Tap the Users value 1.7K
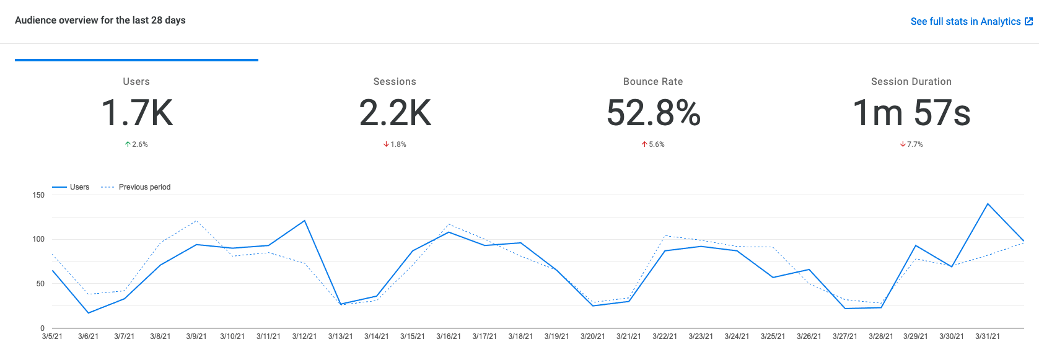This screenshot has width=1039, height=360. coord(137,113)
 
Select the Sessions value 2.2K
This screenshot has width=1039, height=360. coord(395,113)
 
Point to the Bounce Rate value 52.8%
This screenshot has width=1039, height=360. coord(653,113)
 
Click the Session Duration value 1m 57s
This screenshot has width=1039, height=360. coord(911,113)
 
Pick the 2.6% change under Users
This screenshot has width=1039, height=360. coord(137,144)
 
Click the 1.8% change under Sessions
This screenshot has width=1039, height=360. coord(395,144)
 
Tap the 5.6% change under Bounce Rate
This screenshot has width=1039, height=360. coord(654,144)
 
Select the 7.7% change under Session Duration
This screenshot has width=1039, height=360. coord(912,144)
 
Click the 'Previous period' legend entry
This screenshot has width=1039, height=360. coord(144,187)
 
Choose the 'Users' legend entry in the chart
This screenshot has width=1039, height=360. coord(79,187)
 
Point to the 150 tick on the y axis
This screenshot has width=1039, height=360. coord(38,195)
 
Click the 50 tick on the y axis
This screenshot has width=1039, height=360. coord(40,284)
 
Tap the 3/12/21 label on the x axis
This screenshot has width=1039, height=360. coord(304,336)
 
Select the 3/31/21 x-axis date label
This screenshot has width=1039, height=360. coord(988,336)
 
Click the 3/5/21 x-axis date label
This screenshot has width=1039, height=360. coord(52,336)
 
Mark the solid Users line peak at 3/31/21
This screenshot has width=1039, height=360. coord(988,204)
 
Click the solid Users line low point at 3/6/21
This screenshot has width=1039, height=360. coord(89,313)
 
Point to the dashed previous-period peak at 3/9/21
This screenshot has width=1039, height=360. coord(196,221)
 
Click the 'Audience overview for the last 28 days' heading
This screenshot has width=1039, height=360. coord(100,20)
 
